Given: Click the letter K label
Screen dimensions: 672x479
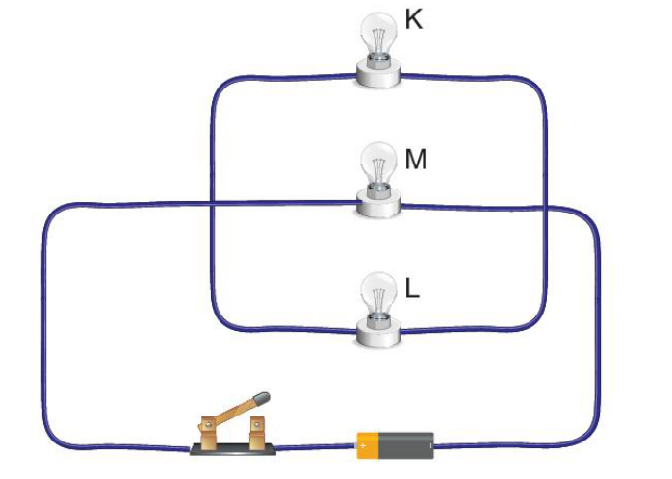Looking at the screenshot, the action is coord(414,19).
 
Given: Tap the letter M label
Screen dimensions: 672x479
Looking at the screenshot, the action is coord(415,160).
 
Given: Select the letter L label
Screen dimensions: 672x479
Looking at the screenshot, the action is coord(412,289).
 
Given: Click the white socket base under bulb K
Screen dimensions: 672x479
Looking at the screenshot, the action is coord(378,74).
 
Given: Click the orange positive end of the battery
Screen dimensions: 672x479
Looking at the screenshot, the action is coord(368,445).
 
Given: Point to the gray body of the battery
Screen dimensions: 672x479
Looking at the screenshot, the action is coord(406,445).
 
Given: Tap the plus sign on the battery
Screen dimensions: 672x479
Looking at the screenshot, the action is coord(363,446).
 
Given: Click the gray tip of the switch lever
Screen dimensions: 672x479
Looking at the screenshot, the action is coord(261,398).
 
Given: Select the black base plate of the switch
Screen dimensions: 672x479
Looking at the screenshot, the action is coord(233,449).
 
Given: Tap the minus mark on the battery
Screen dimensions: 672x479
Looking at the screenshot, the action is coord(430,446).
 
